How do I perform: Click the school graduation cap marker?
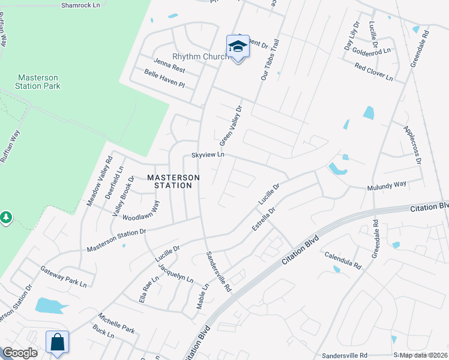238,47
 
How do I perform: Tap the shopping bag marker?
57,343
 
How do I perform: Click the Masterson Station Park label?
38,82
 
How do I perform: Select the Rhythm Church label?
200,57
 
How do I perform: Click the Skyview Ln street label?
208,154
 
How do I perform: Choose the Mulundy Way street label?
387,185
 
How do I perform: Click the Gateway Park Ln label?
63,276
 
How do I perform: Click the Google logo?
20,353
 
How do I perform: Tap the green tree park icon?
6,217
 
